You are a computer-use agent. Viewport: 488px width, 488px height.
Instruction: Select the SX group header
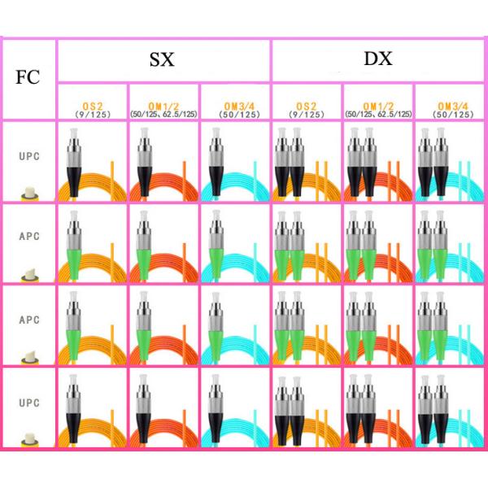pos(163,59)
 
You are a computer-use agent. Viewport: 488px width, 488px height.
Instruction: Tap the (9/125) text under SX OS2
pos(93,115)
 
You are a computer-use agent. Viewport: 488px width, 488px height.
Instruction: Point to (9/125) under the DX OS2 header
pos(307,115)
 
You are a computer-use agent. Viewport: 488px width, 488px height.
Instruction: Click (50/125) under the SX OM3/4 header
pos(235,115)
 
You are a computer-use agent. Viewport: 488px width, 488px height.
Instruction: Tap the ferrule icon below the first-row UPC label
pos(28,193)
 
